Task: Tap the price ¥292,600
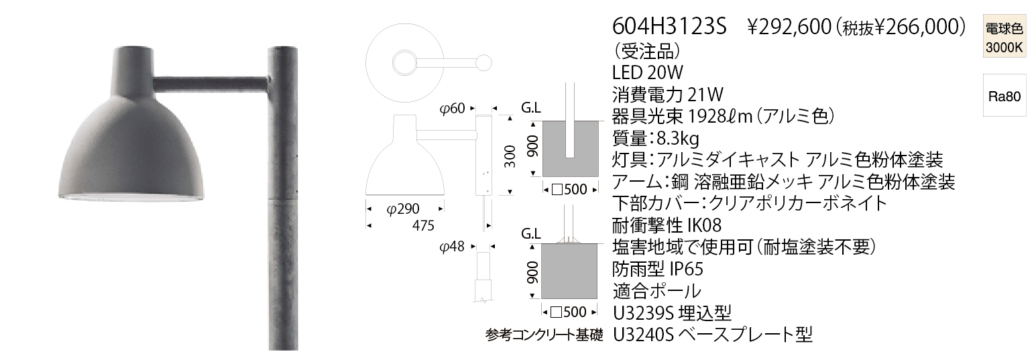787,27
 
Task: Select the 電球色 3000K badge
1004,38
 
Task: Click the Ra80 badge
1004,96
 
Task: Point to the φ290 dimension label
404,208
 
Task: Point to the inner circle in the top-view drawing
404,64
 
